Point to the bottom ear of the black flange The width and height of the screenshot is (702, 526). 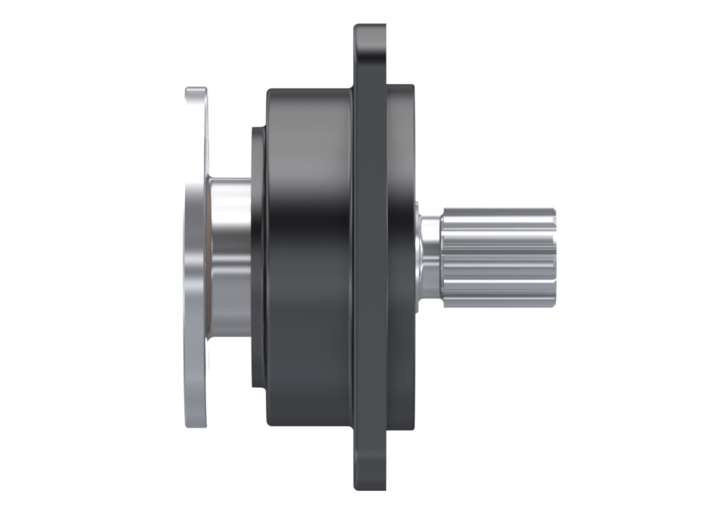coord(370,471)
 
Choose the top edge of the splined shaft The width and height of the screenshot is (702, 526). coord(497,210)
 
